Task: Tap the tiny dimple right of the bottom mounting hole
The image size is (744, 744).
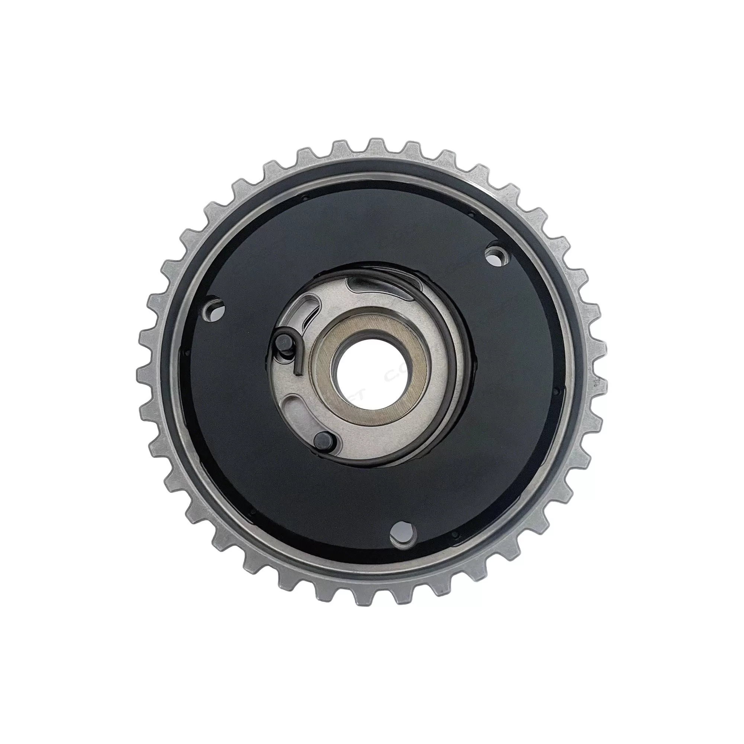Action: click(x=455, y=534)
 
